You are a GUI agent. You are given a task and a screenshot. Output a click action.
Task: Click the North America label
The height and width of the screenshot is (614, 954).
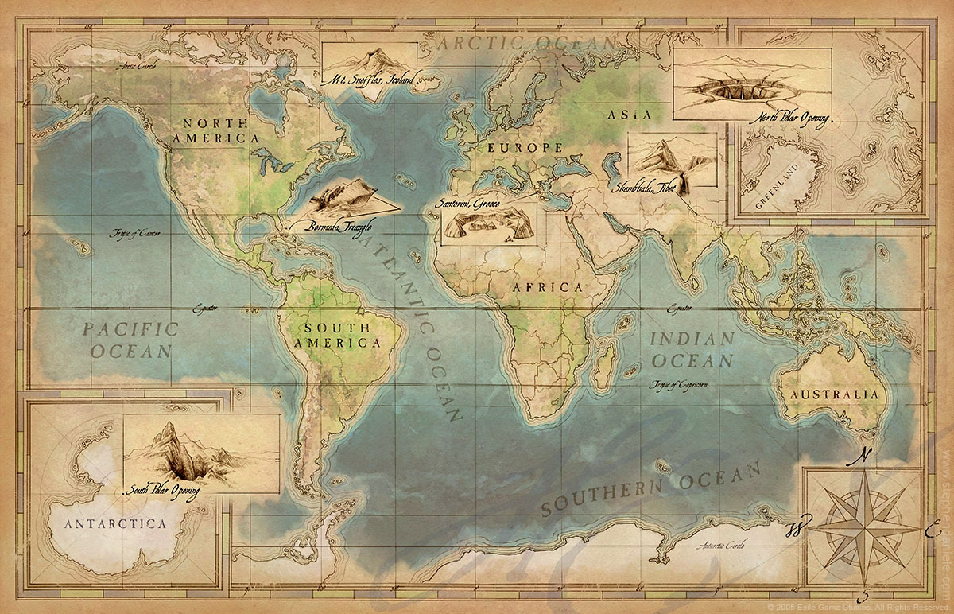pos(215,130)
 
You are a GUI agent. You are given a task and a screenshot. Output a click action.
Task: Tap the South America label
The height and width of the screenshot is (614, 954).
pos(336,335)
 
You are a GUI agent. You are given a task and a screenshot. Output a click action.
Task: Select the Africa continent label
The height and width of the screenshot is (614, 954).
pos(548,286)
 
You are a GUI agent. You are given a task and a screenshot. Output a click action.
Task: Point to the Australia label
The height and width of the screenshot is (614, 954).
pos(831,394)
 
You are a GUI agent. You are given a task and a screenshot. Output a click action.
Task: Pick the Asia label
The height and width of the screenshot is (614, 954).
pos(630,115)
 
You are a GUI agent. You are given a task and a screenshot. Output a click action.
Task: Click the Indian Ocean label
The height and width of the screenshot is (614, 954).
pos(692,349)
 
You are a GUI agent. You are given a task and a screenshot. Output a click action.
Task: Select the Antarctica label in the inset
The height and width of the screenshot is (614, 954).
pos(116,523)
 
